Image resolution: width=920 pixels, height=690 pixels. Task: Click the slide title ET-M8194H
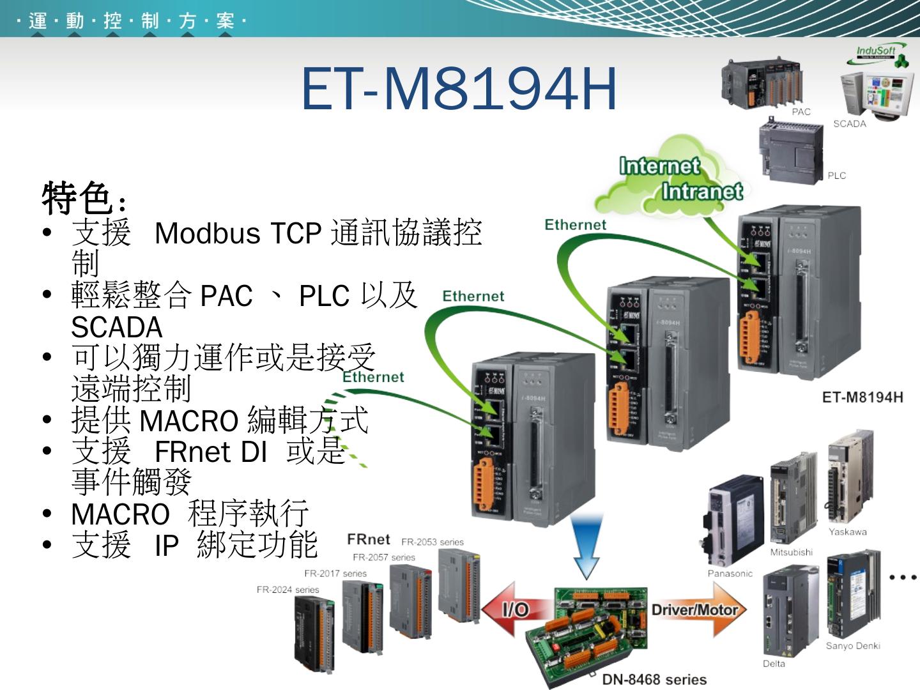tap(459, 88)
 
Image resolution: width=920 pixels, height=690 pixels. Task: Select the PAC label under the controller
tap(801, 112)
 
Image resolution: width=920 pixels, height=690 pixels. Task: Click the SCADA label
tap(849, 124)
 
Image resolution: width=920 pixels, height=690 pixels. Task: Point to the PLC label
tap(836, 176)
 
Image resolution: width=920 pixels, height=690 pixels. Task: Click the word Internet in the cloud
tap(659, 166)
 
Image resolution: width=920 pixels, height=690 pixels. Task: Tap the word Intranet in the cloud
tap(701, 191)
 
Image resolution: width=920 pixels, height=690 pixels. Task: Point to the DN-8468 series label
tap(654, 680)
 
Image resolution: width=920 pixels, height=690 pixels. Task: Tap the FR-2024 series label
tap(287, 590)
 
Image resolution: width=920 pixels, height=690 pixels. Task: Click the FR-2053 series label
tap(432, 542)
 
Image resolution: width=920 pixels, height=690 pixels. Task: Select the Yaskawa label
tap(847, 532)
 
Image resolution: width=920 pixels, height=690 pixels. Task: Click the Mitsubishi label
tap(791, 552)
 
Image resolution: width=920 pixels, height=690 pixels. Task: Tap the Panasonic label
tap(730, 574)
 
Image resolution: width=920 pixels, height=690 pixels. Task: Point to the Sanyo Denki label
tap(852, 646)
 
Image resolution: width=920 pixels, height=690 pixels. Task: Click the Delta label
tap(774, 664)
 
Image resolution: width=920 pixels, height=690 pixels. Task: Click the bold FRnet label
tap(368, 539)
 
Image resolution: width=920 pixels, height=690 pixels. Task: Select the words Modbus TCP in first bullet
tap(237, 233)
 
